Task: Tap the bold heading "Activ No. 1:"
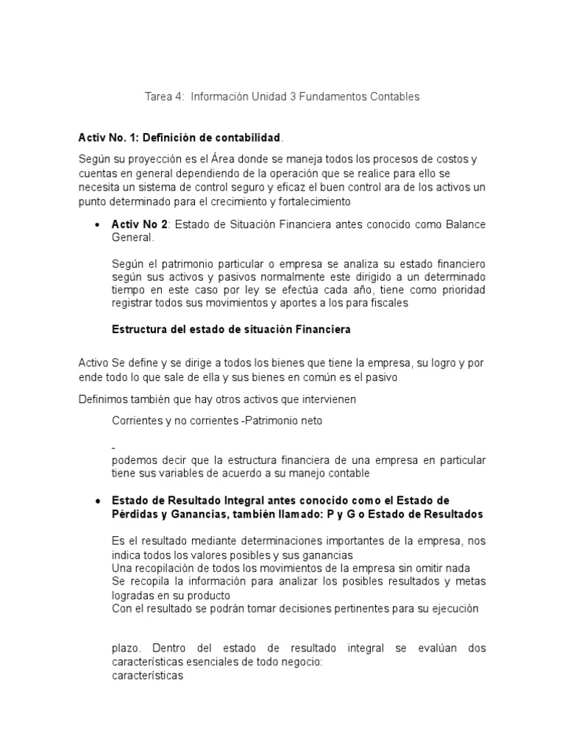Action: (x=108, y=138)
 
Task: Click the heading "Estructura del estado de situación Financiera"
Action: (x=231, y=329)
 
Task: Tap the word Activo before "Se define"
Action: (x=93, y=363)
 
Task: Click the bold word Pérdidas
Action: (x=133, y=514)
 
